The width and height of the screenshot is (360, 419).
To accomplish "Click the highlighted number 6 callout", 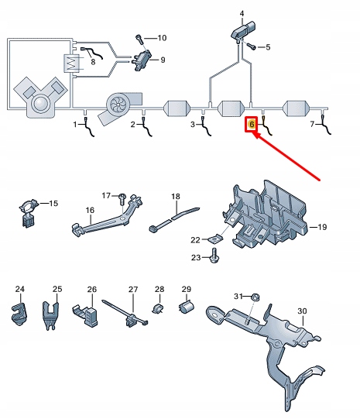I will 251,124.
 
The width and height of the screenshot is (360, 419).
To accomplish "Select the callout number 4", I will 241,14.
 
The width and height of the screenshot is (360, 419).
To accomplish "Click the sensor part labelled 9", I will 144,58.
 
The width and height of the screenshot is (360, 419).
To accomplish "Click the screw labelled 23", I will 214,258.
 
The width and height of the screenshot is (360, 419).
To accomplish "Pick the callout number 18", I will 176,197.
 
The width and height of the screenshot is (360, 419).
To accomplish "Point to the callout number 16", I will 89,210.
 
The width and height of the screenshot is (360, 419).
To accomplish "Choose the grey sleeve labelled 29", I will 186,309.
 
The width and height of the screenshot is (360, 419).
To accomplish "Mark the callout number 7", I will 313,124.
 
